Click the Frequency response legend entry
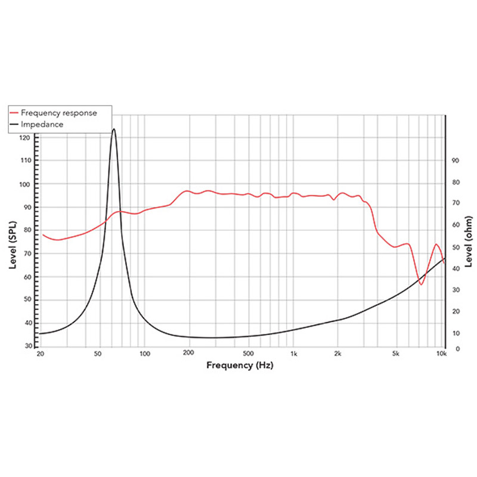(x=58, y=112)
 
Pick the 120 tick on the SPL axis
(x=24, y=138)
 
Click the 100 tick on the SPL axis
(x=24, y=184)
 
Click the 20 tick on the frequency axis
(x=40, y=354)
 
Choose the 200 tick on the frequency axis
(x=189, y=354)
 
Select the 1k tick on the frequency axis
(x=293, y=354)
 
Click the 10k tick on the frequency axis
(x=441, y=354)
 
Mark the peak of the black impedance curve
(x=113, y=129)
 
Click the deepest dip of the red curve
(x=421, y=284)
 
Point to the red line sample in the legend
(x=14, y=112)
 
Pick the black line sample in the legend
(x=14, y=125)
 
